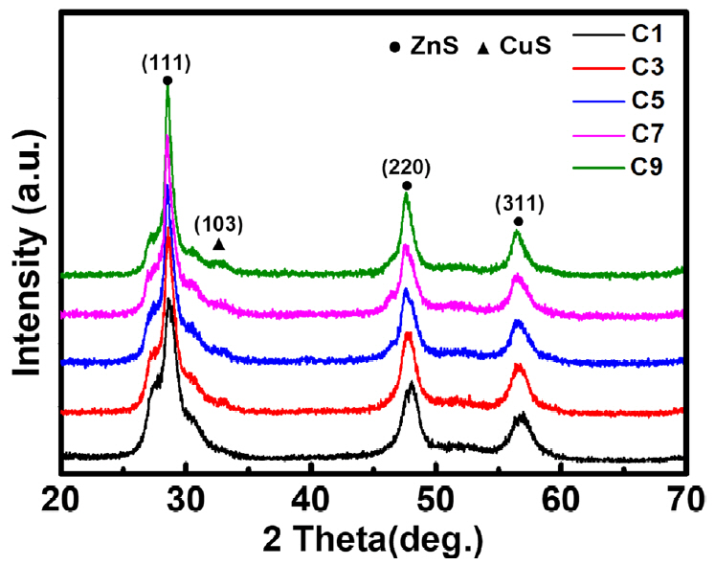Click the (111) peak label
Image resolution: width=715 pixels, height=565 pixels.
pyautogui.click(x=168, y=65)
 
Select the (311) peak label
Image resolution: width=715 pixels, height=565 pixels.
pyautogui.click(x=519, y=203)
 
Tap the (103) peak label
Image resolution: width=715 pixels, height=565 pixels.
pyautogui.click(x=219, y=226)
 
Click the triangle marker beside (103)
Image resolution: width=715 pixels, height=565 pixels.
pyautogui.click(x=218, y=244)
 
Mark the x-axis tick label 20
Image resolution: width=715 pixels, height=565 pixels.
pyautogui.click(x=62, y=498)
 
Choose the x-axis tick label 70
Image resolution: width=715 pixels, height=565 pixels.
pyautogui.click(x=682, y=498)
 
